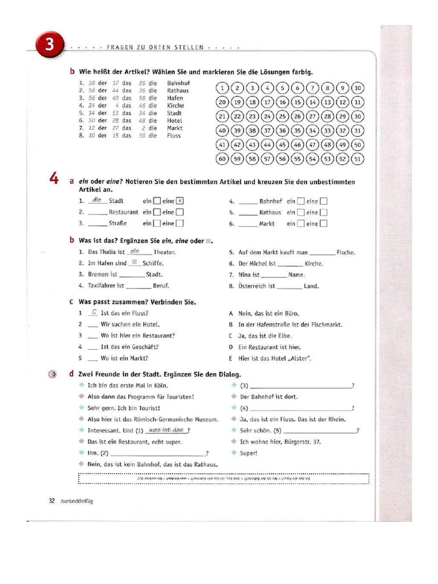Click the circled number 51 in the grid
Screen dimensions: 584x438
pos(358,159)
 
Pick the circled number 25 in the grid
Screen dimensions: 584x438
pos(282,116)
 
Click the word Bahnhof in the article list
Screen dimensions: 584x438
pos(179,83)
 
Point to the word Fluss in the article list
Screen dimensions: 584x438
pos(174,136)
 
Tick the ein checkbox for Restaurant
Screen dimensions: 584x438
pos(157,212)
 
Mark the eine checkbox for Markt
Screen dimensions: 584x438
pos(323,224)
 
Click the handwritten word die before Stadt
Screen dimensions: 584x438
pos(97,200)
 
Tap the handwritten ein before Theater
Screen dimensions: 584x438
pos(135,251)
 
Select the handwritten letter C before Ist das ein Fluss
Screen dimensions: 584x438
pos(93,313)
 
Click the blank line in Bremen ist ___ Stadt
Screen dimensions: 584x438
pos(133,275)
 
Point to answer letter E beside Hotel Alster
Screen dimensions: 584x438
pos(231,359)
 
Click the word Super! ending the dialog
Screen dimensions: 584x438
pos(249,453)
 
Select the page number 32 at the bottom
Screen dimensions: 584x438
pos(51,501)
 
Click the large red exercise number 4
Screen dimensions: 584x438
pos(54,179)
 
